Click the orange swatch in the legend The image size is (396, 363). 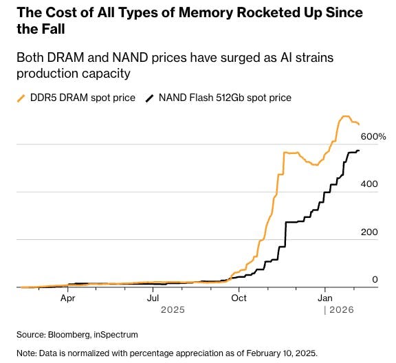(x=24, y=98)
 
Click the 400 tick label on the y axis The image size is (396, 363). (x=370, y=185)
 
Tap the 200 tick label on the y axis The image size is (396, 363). (x=370, y=232)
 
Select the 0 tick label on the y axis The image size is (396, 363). (x=375, y=280)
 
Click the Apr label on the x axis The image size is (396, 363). (x=67, y=298)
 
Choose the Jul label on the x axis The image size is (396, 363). (x=153, y=298)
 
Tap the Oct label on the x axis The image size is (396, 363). (x=239, y=298)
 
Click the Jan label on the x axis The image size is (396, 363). (x=325, y=298)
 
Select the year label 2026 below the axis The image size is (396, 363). (x=341, y=310)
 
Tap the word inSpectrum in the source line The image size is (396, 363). (x=118, y=334)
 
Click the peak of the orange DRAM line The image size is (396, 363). (x=346, y=117)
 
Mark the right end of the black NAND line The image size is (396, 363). (x=358, y=151)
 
